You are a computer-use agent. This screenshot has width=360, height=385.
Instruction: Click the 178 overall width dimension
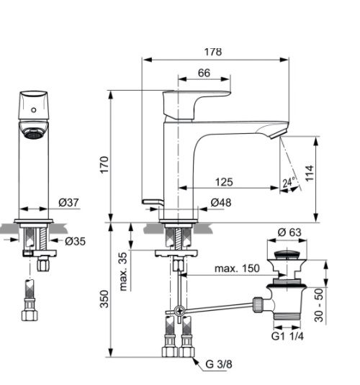212,52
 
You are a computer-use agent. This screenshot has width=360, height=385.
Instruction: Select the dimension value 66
204,72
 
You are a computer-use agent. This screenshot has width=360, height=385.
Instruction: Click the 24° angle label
289,183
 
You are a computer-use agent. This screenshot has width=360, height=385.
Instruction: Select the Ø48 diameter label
221,204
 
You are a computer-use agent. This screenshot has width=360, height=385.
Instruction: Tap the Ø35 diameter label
74,241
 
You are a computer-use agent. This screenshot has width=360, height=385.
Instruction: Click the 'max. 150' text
237,268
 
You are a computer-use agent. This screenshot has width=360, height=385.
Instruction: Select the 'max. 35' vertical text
124,271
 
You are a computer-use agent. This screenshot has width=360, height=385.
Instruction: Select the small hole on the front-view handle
33,110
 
